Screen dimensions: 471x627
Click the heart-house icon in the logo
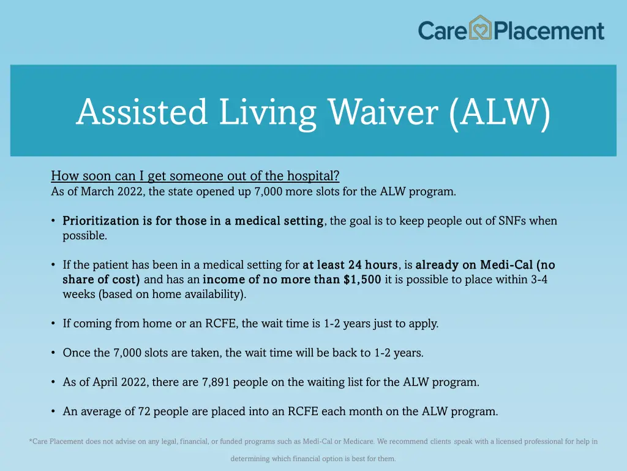coord(481,28)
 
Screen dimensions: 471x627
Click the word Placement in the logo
coord(549,30)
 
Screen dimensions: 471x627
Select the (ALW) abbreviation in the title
coord(499,112)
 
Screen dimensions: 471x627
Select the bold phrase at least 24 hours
coord(350,265)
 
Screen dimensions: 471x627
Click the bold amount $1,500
coord(362,280)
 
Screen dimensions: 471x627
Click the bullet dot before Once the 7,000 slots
coord(54,353)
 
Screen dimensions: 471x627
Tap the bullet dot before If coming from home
coord(54,323)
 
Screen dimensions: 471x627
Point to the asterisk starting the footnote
coord(31,441)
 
